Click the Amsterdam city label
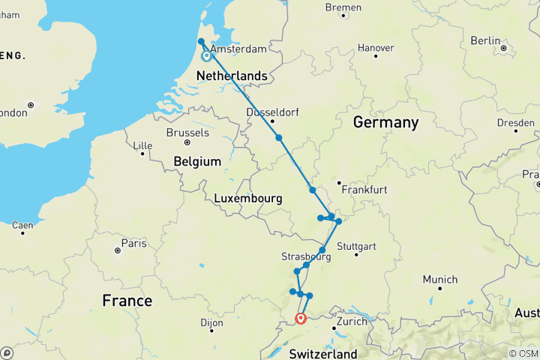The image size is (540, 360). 238,49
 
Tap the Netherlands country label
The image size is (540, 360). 231,76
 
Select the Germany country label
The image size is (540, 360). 385,122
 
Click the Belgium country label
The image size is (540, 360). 197,161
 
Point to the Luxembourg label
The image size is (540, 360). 247,199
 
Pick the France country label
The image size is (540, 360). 127,301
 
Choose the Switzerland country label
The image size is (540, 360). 323,353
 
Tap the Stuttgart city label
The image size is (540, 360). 356,246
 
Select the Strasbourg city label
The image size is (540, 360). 306,256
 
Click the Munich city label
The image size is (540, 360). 439,280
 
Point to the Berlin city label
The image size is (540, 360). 484,40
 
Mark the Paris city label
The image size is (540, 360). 133,244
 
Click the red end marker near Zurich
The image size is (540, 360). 301,318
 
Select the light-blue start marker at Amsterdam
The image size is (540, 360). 205,55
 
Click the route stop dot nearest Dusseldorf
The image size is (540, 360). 278,138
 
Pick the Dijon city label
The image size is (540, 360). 211,323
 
